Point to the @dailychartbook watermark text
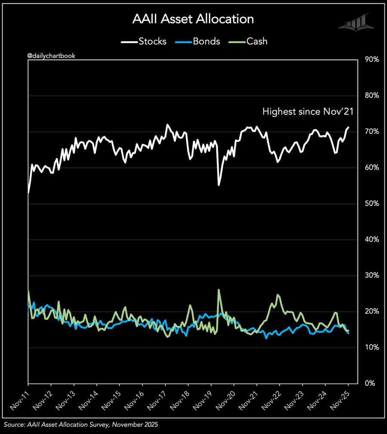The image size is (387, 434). [51, 56]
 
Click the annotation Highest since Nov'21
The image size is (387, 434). [307, 112]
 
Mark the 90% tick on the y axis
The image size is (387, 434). [371, 59]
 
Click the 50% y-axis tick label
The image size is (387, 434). [371, 203]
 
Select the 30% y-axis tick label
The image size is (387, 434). [371, 275]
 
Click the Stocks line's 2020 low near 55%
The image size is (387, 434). [219, 185]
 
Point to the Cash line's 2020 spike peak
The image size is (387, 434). [219, 290]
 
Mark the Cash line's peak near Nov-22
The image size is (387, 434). [278, 295]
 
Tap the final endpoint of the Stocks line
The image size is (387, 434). [348, 127]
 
